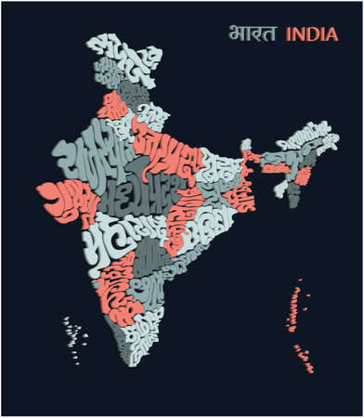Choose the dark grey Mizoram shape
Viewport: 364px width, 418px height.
click(x=293, y=192)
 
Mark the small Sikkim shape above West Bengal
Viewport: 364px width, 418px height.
click(x=246, y=147)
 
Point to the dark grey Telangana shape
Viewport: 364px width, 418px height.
click(x=149, y=246)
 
